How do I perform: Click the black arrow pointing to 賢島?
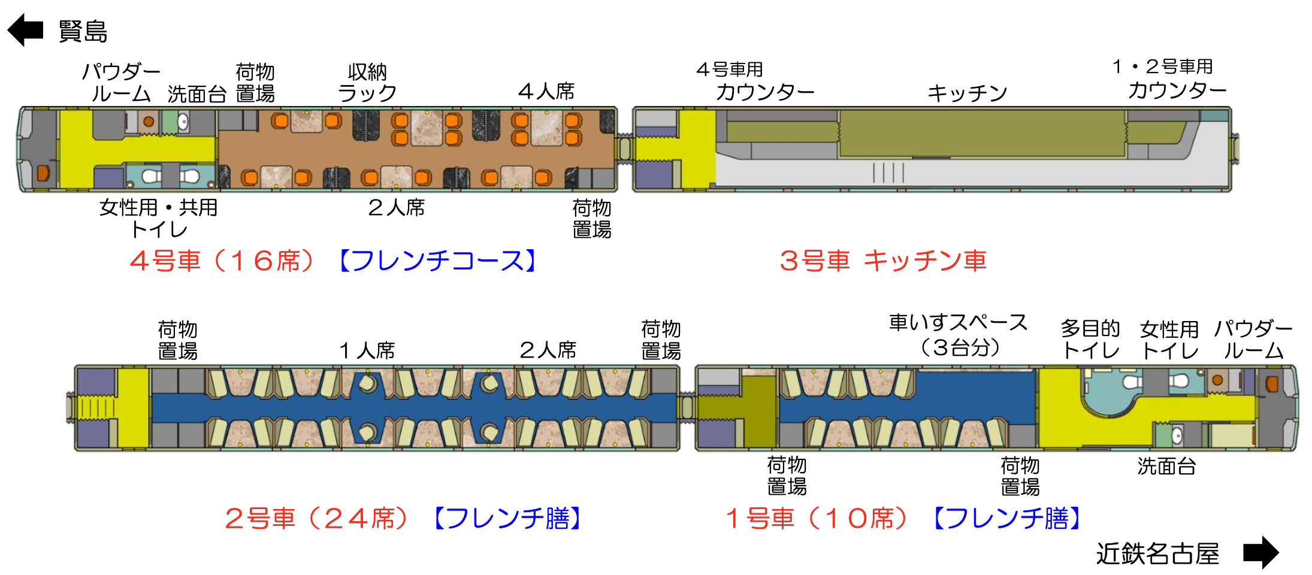[25, 30]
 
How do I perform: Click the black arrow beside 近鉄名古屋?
[1261, 552]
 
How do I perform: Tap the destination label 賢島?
[83, 31]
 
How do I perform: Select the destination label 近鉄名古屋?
[1157, 553]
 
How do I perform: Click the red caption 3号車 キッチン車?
[883, 261]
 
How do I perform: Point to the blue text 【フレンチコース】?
[438, 261]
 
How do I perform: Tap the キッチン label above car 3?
[967, 93]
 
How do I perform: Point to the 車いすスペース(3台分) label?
[959, 335]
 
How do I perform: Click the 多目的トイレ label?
[1090, 340]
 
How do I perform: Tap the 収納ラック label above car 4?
[367, 83]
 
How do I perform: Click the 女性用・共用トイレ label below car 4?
[159, 219]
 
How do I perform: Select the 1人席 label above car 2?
[367, 350]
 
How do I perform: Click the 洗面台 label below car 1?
[1166, 467]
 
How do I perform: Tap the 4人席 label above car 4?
[546, 92]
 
